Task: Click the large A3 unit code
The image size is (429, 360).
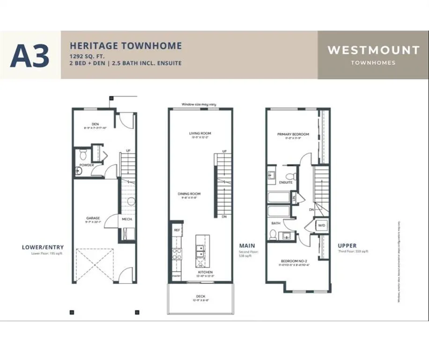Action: point(30,55)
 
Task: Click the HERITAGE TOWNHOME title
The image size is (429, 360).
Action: point(126,46)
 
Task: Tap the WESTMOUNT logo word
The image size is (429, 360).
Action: point(373,50)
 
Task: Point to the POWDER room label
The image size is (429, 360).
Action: point(86,165)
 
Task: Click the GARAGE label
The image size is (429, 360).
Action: point(92,218)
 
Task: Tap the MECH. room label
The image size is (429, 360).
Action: point(126,219)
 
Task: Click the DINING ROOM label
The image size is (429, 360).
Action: point(189,194)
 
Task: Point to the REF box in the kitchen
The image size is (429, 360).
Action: point(177,230)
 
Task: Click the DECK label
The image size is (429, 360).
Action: point(200,296)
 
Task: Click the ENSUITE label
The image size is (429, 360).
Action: point(285,182)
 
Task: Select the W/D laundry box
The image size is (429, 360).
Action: point(322,225)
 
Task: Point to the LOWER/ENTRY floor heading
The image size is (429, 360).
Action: point(43,247)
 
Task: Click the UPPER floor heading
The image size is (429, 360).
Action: point(347,245)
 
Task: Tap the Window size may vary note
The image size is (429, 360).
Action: point(199,105)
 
